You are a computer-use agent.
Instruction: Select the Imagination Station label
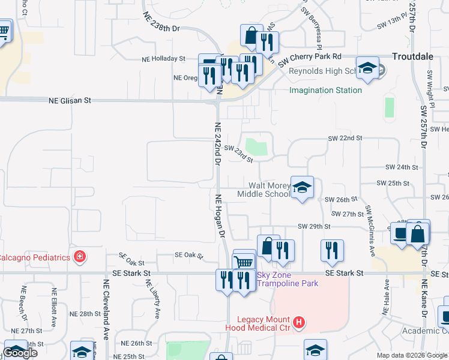pos(325,91)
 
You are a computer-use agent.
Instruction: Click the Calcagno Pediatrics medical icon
pos(79,257)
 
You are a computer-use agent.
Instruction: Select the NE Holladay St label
pos(163,59)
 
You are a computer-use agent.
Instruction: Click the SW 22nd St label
pos(345,138)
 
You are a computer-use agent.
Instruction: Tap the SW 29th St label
pos(315,226)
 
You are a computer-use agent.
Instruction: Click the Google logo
pos(20,353)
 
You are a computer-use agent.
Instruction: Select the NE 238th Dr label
pos(161,22)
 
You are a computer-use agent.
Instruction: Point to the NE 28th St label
pos(86,314)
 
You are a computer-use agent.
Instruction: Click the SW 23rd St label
pos(239,153)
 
